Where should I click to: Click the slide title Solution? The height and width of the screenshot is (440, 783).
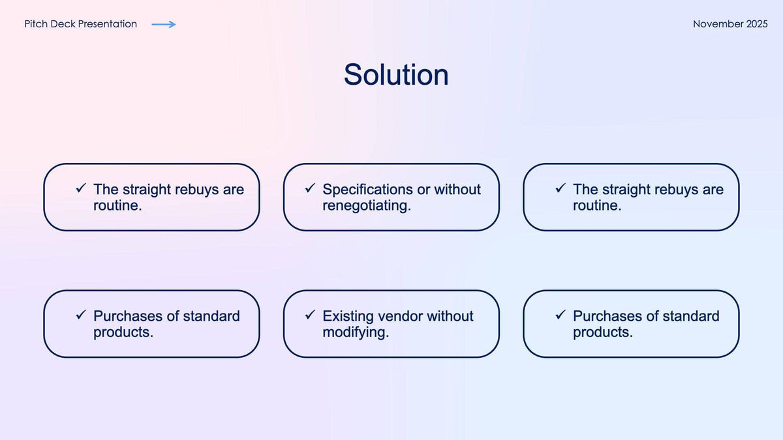coord(396,75)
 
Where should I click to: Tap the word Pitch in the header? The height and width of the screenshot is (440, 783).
coord(36,24)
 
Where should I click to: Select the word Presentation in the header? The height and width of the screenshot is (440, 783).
coord(107,24)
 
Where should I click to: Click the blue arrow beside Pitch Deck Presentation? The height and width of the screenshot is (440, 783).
coord(164,24)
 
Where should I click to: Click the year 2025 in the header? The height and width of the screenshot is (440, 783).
coord(757,24)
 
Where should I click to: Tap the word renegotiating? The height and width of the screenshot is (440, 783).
coord(365,206)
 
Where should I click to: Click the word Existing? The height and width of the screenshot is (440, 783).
coord(348,316)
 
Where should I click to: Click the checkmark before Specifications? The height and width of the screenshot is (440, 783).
coord(311,188)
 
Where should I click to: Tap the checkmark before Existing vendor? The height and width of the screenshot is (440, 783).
coord(311,315)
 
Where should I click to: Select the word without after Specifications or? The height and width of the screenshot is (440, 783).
coord(457,190)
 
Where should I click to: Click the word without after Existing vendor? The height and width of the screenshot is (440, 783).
coord(450,316)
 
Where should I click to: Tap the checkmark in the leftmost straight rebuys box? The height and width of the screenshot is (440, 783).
coord(82,188)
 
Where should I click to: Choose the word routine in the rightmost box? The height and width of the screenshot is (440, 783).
coord(595,206)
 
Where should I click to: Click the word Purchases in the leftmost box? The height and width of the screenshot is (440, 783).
coord(128,316)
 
